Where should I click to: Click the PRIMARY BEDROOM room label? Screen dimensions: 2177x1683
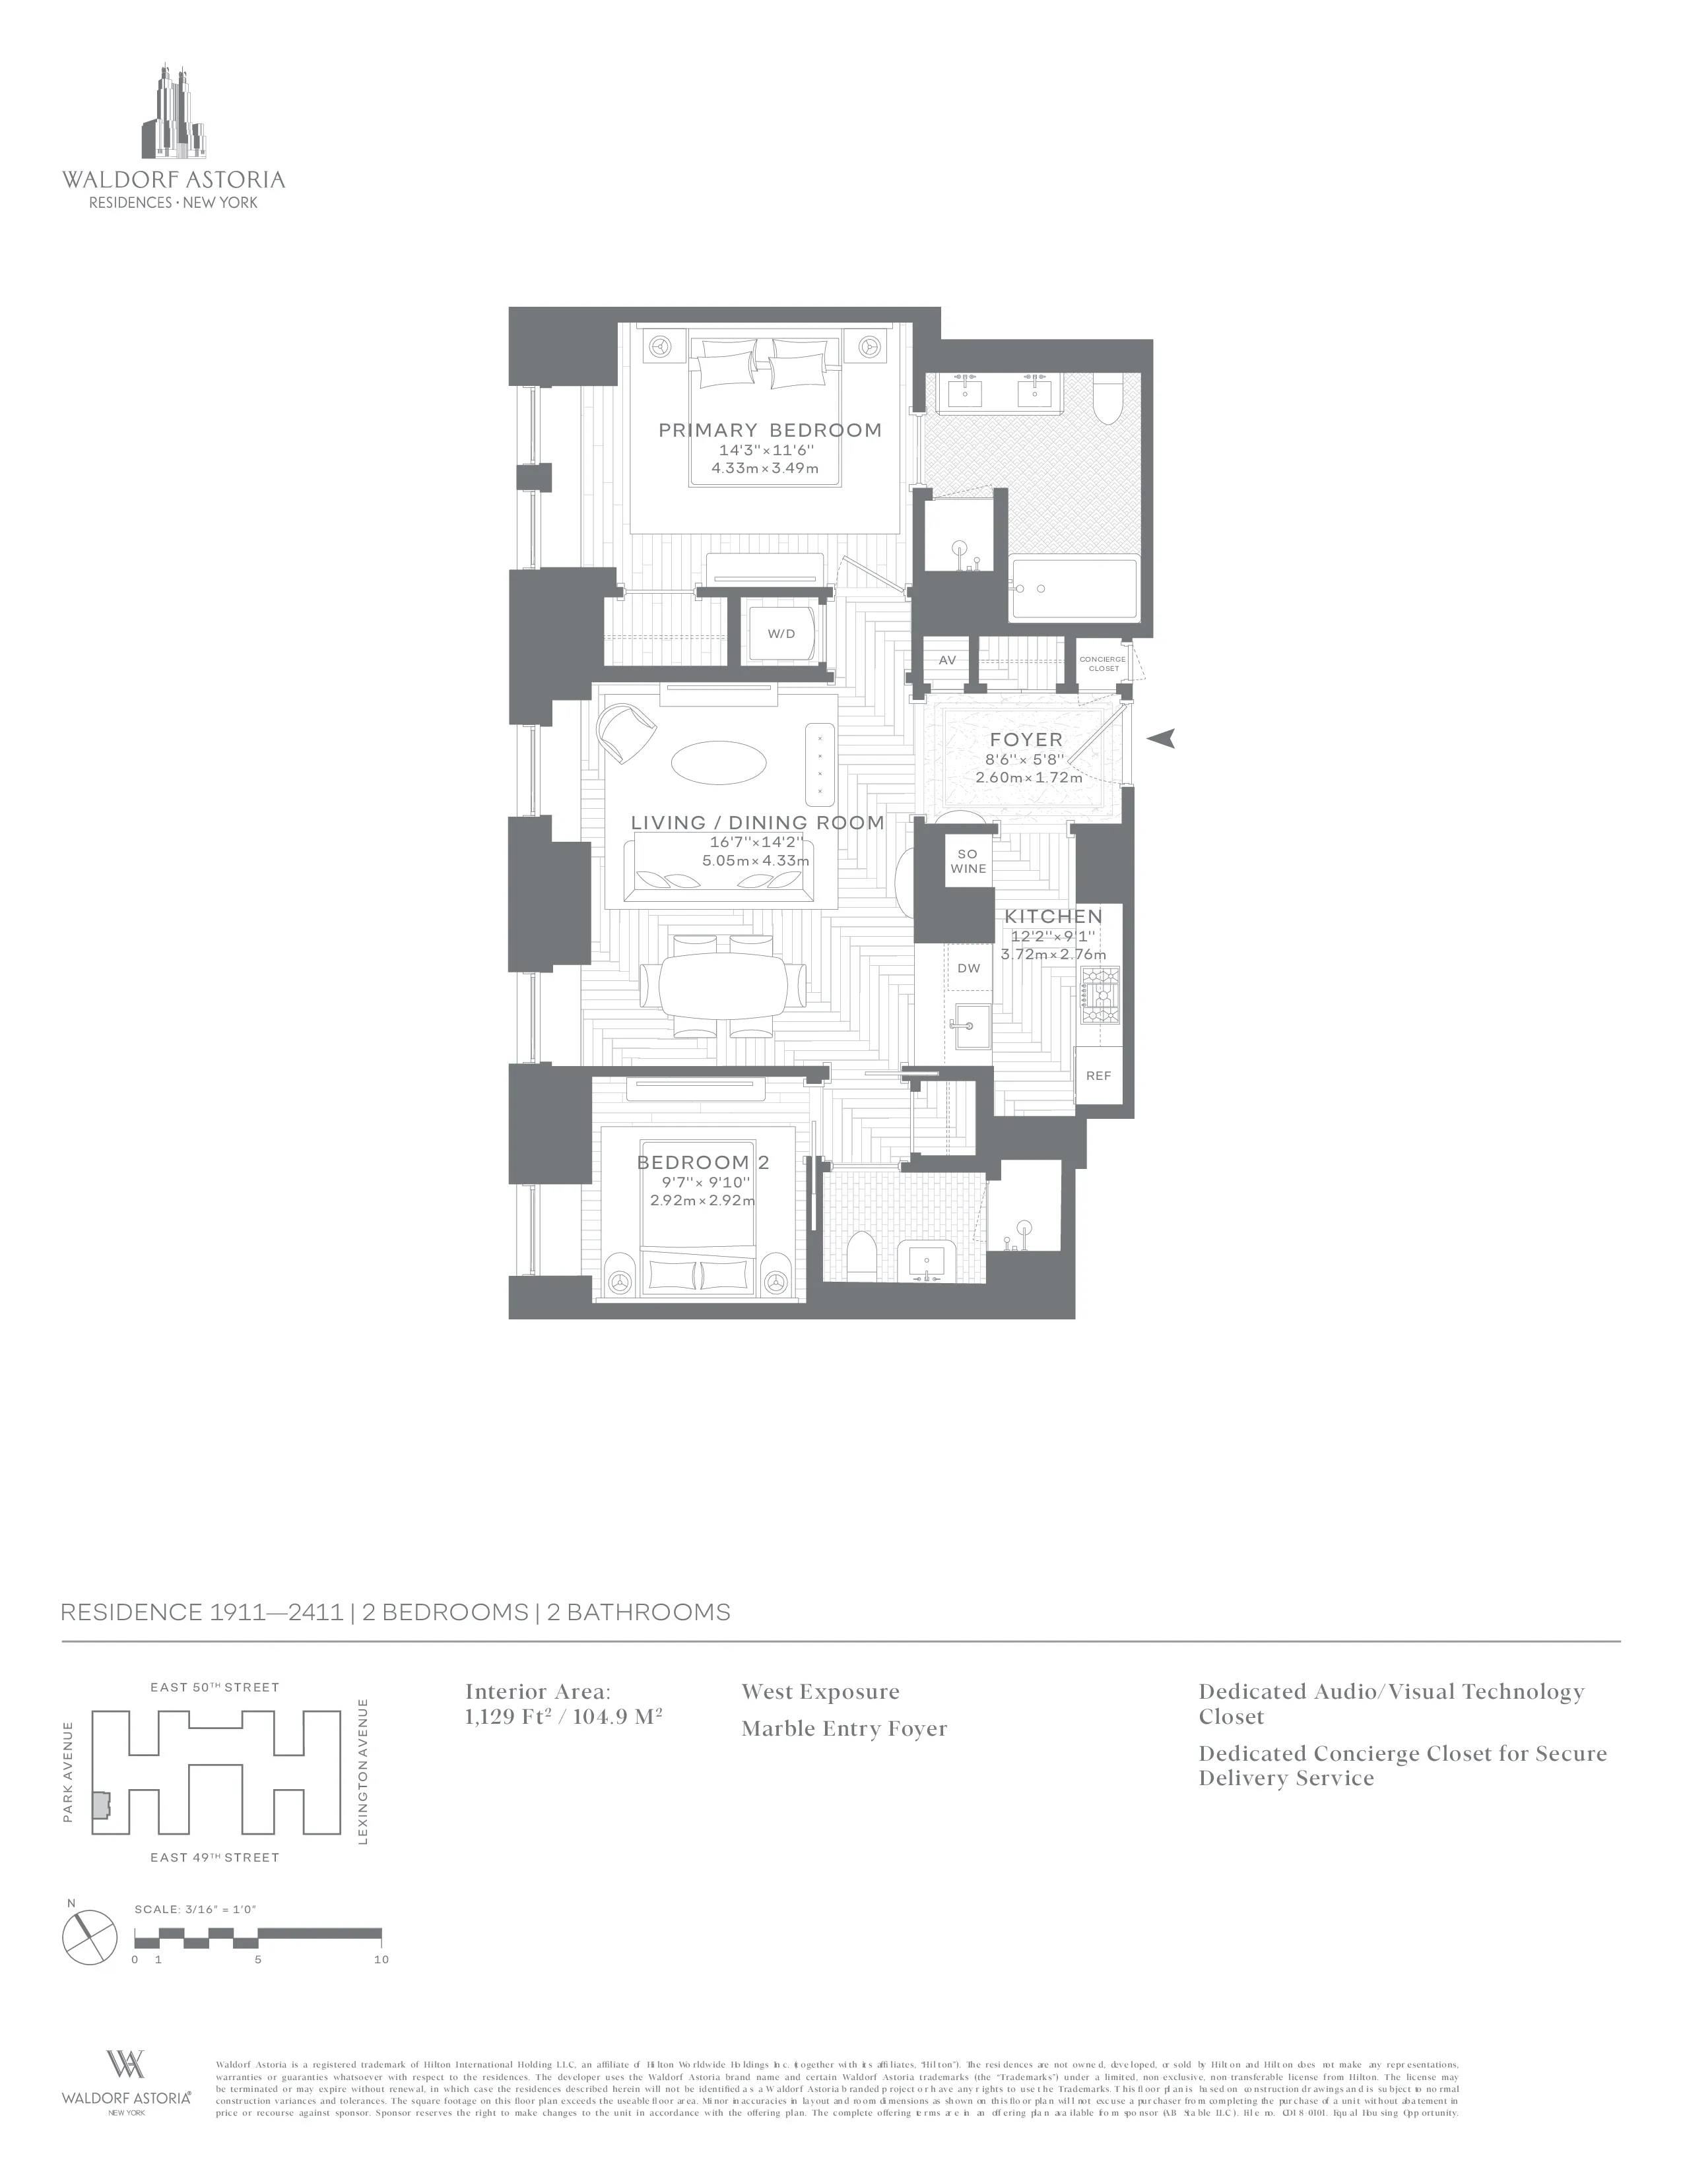coord(770,431)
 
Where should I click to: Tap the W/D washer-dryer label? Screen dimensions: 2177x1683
coord(781,634)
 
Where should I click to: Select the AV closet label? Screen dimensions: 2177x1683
coord(947,660)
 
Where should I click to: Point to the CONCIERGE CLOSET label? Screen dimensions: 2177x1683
coord(1103,664)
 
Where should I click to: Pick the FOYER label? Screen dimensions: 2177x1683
coord(1026,740)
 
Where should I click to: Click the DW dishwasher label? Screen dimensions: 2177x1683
coord(968,968)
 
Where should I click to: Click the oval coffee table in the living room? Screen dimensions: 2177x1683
coord(719,765)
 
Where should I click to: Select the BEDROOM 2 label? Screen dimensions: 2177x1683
coord(703,1162)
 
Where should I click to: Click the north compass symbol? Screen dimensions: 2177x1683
coord(90,1936)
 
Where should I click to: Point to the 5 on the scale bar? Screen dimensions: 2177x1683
coord(258,1959)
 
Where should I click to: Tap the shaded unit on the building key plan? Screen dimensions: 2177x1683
coord(100,1805)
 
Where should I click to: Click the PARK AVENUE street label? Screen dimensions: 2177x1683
coord(69,1771)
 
